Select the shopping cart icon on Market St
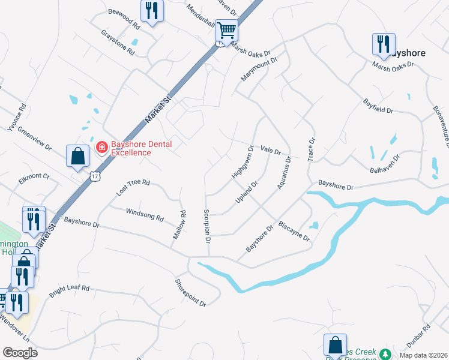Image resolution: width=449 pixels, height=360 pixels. [226, 29]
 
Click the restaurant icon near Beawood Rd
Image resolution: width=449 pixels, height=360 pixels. [152, 11]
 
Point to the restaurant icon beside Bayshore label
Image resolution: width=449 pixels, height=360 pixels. [382, 44]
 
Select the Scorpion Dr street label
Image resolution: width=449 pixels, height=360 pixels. [206, 226]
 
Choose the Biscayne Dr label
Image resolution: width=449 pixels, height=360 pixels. [294, 232]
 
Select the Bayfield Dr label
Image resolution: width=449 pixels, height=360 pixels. [378, 107]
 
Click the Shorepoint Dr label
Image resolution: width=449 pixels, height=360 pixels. [191, 293]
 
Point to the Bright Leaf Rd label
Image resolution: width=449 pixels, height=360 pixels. [69, 289]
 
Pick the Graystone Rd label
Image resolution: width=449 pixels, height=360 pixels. [117, 41]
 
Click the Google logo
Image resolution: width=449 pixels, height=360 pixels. [20, 353]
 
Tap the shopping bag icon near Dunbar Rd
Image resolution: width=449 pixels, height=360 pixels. [334, 345]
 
